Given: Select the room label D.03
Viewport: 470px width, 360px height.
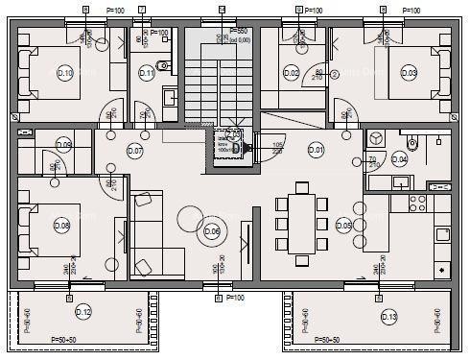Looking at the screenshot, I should (x=409, y=73).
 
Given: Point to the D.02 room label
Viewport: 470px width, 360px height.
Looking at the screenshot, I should (x=294, y=73).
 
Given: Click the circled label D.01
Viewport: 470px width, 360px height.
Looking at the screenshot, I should (x=316, y=149).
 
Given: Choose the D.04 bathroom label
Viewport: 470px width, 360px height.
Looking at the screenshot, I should (x=399, y=159).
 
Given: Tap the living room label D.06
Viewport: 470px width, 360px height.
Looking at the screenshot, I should (x=212, y=230).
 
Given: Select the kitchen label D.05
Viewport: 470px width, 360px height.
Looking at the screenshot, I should (x=343, y=227).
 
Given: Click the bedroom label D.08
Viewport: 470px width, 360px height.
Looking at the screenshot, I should (x=62, y=227).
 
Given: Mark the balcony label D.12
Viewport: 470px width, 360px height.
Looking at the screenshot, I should (x=83, y=313).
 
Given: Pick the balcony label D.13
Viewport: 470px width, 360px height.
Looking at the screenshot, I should (x=388, y=316).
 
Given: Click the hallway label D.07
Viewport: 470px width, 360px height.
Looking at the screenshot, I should (x=135, y=152).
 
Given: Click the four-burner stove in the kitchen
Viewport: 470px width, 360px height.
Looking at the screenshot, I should (x=418, y=204).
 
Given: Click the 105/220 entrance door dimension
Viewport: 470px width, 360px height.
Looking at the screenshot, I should (x=277, y=150).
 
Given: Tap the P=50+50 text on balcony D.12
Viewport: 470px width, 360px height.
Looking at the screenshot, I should (x=71, y=340).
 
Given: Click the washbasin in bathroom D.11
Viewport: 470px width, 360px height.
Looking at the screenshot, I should (x=169, y=96).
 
